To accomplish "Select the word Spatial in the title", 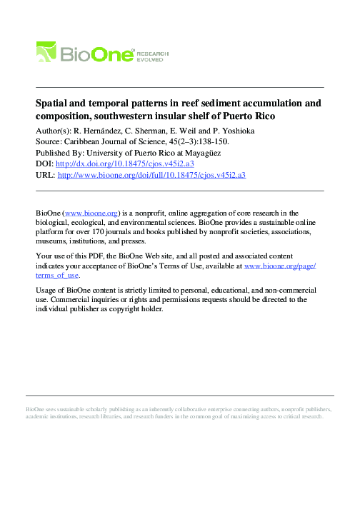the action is (x=53, y=104).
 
